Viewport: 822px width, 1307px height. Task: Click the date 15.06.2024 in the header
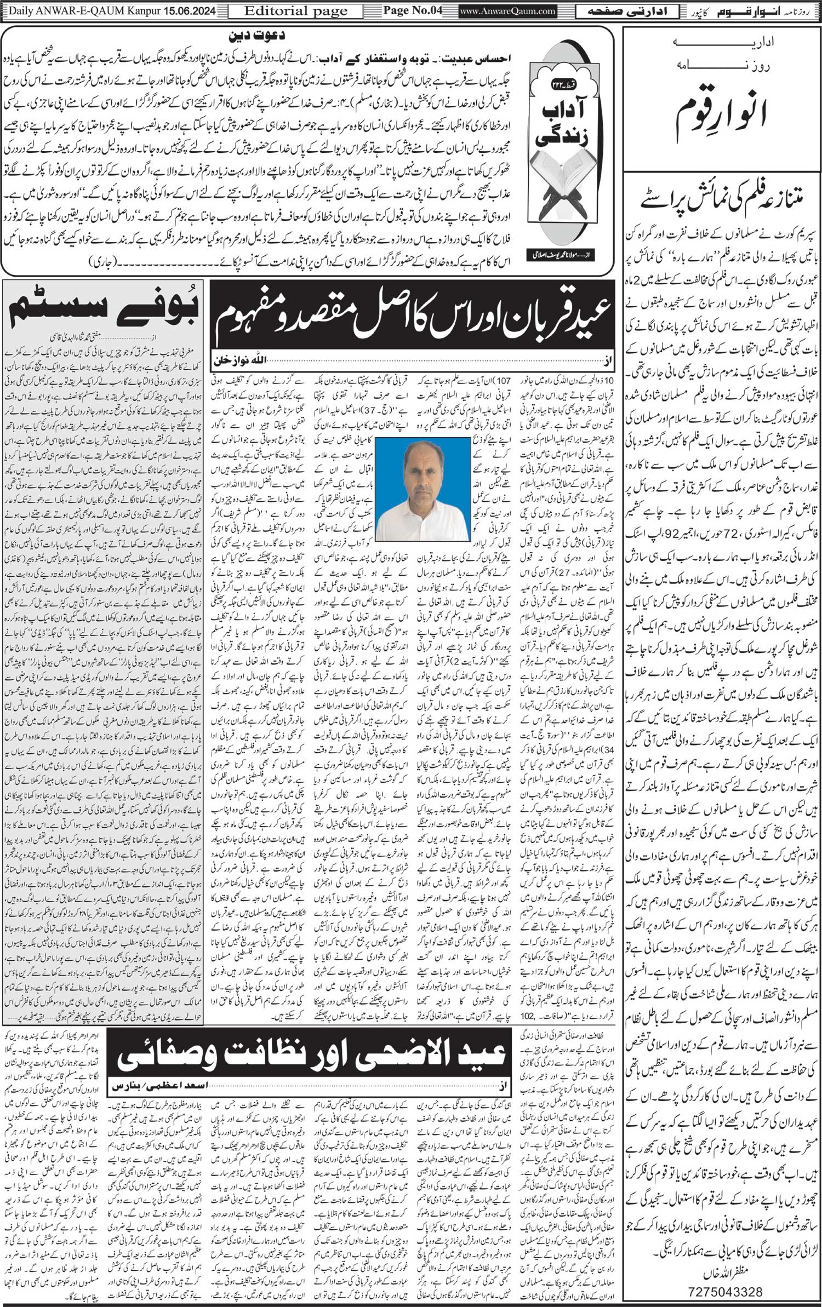(193, 10)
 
